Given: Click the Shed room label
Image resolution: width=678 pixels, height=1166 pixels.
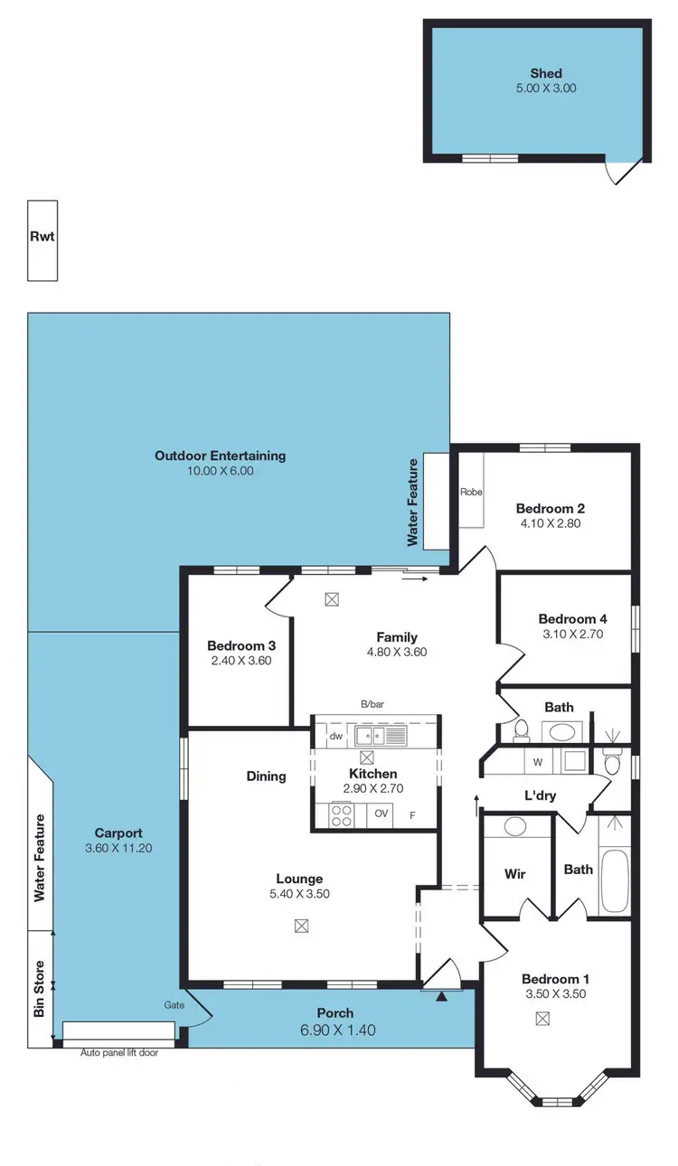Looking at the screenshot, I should (x=546, y=73).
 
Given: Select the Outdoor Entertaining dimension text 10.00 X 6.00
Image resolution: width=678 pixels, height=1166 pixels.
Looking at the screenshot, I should (x=220, y=471).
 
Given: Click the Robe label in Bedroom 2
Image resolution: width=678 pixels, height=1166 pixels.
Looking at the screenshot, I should (x=471, y=493).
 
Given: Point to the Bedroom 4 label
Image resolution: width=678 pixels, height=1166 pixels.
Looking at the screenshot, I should (x=572, y=619).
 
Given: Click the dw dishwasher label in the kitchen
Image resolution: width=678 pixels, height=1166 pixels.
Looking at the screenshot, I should (x=335, y=736).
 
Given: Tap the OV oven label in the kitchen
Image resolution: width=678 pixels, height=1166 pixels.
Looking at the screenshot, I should (x=381, y=813).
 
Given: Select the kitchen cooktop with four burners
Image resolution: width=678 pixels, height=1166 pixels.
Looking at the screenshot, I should (x=342, y=814).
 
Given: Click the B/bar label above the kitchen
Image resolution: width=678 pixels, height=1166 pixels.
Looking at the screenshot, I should (x=372, y=703).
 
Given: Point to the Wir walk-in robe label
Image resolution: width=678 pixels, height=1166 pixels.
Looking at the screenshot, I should (x=514, y=874).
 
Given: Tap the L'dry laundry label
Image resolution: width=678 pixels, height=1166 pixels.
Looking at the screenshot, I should (x=541, y=795).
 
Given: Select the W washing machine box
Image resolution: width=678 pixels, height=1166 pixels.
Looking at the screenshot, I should (x=537, y=762).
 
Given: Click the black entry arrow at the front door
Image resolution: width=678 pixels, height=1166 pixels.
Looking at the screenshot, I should (x=441, y=997).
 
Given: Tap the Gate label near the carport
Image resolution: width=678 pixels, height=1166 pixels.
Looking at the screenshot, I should (x=174, y=1005).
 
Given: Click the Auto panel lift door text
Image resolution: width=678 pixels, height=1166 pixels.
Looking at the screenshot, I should (x=119, y=1052).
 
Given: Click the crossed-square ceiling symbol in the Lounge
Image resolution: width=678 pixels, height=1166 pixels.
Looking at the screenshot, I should (x=301, y=925).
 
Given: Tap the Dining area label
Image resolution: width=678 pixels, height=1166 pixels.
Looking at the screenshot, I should (x=266, y=776).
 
